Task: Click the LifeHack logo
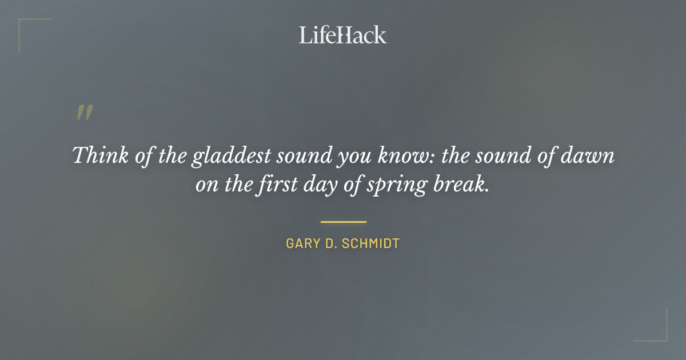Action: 343,35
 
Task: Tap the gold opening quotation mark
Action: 84,113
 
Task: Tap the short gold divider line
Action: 343,222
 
